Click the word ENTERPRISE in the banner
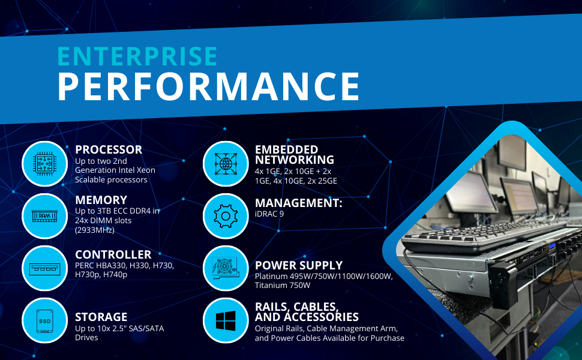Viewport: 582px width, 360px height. coord(137,56)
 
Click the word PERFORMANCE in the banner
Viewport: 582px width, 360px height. coord(209,86)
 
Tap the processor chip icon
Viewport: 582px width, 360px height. coord(44,164)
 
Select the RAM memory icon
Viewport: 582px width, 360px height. coord(44,215)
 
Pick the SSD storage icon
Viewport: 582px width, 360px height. coord(44,321)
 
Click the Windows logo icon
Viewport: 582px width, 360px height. coord(226,320)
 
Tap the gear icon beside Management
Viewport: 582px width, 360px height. coord(226,216)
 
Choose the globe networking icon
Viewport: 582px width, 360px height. coord(226,164)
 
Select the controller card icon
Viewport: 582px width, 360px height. coord(44,268)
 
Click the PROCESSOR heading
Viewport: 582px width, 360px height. coord(109,149)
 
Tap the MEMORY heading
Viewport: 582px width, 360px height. coord(101,200)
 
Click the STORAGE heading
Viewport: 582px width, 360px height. coord(101,317)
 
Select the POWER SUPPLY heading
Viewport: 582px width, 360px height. coord(299,265)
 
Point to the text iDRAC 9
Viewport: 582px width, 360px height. coord(269,214)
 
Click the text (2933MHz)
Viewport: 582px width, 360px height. coord(95,230)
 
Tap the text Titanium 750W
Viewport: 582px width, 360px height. coord(283,286)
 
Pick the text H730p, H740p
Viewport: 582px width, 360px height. coord(101,275)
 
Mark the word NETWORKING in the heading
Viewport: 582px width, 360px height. coord(295,160)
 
